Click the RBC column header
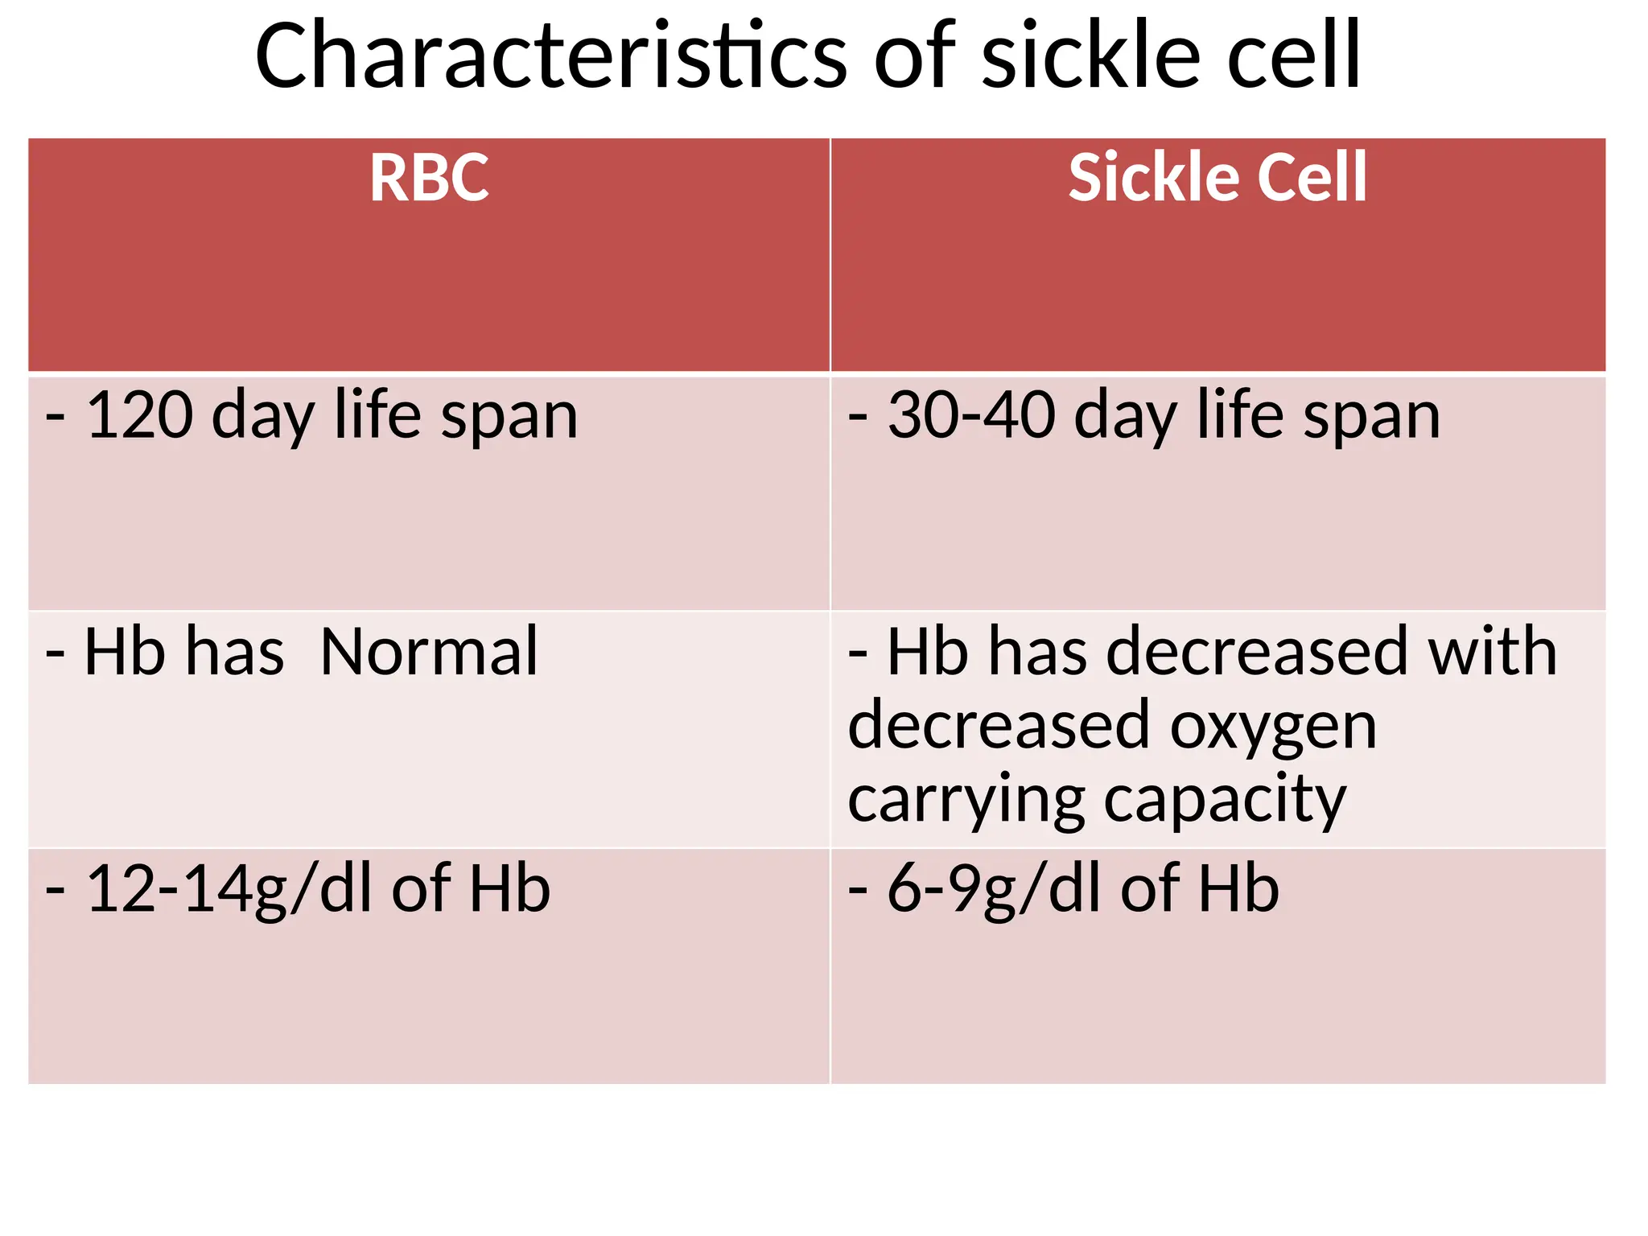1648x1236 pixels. pos(429,179)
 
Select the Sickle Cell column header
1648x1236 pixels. pos(1217,179)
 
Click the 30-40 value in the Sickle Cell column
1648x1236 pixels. pos(971,415)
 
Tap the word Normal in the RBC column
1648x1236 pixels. pos(429,652)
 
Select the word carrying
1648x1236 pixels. pos(966,801)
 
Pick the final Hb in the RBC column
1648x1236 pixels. pos(509,890)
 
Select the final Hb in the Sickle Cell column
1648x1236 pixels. pos(1238,890)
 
